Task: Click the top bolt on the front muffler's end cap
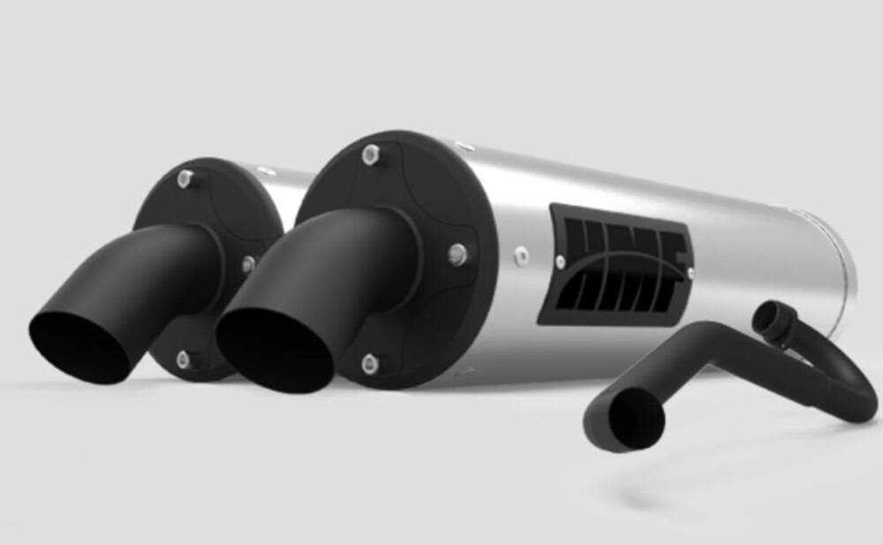(369, 157)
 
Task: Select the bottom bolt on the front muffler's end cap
(370, 360)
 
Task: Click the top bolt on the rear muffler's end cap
(184, 179)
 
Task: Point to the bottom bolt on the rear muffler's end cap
(183, 358)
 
